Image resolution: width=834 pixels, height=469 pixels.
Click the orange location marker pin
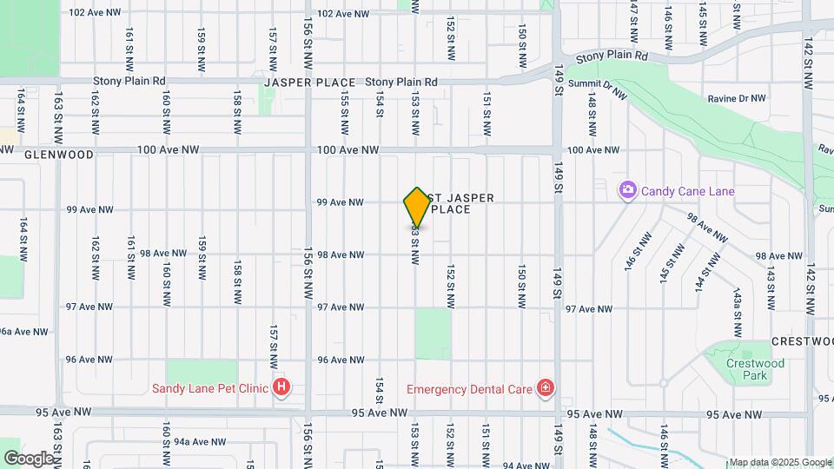click(x=417, y=208)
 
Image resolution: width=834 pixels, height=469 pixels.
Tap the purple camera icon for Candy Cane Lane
click(x=626, y=190)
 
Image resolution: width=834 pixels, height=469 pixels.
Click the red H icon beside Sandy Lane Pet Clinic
click(x=281, y=387)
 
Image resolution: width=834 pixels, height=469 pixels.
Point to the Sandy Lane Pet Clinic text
click(x=209, y=388)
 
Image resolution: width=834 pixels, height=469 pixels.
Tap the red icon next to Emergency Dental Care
click(x=545, y=387)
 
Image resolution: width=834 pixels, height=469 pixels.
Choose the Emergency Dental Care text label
click(x=469, y=388)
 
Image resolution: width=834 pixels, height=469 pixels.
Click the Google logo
click(x=28, y=458)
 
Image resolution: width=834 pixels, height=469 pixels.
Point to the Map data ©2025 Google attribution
click(x=780, y=462)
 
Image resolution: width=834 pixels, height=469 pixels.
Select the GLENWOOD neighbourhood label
click(x=58, y=155)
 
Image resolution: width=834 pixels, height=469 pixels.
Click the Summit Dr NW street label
click(x=597, y=84)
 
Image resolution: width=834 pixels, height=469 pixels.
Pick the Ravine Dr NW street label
click(x=737, y=99)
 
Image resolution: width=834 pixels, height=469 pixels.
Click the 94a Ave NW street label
click(x=193, y=441)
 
